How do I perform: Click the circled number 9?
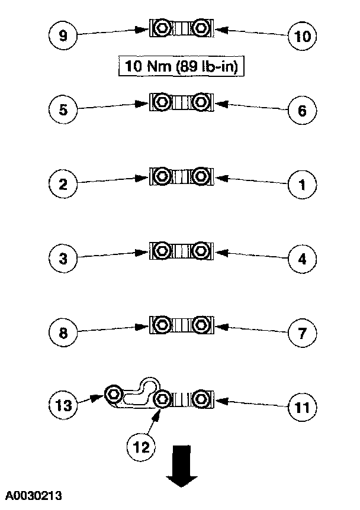tap(63, 35)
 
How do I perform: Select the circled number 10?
tap(302, 37)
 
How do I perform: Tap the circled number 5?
tap(63, 110)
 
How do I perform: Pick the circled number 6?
tap(302, 111)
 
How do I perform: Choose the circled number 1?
tap(302, 185)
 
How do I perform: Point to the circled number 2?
tap(63, 184)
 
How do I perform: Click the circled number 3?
tap(63, 259)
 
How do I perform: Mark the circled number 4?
tap(302, 259)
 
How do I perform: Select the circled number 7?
tap(302, 334)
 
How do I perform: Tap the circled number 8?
tap(63, 333)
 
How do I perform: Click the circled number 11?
tap(302, 408)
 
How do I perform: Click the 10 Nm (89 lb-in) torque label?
tap(182, 66)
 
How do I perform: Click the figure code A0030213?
tap(35, 495)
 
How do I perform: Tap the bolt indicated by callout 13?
tap(114, 393)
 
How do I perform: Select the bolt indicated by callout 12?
tap(161, 399)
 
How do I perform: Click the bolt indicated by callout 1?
tap(201, 176)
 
